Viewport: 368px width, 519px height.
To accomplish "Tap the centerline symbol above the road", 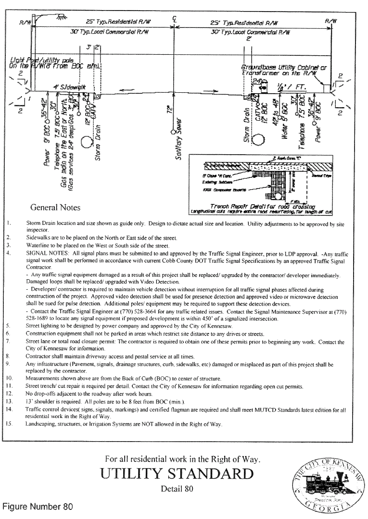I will pos(173,20).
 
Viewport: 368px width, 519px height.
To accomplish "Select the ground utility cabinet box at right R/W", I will pos(328,88).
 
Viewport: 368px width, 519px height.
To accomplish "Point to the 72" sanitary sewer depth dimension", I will pos(168,110).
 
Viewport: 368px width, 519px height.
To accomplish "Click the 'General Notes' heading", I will pos(55,208).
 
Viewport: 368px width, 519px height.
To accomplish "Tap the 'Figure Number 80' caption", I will pos(38,507).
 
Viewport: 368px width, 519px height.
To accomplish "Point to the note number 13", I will pos(10,400).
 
